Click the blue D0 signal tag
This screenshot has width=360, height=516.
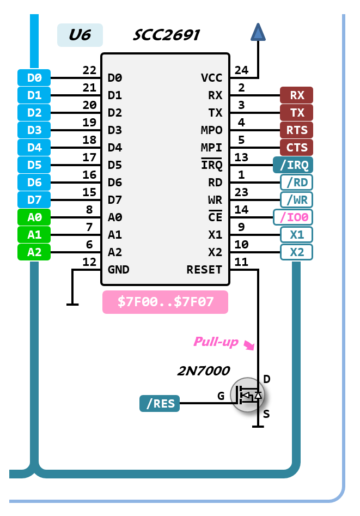pyautogui.click(x=34, y=78)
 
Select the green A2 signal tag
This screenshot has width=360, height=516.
pyautogui.click(x=34, y=252)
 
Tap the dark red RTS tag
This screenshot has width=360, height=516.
pyautogui.click(x=297, y=130)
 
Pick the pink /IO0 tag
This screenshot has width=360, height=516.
pyautogui.click(x=293, y=217)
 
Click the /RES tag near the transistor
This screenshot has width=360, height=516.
pyautogui.click(x=160, y=404)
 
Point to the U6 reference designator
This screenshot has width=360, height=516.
pyautogui.click(x=80, y=35)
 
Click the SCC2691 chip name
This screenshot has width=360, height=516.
pyautogui.click(x=167, y=36)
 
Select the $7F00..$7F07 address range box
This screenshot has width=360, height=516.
pyautogui.click(x=165, y=302)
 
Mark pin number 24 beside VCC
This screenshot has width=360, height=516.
pyautogui.click(x=241, y=70)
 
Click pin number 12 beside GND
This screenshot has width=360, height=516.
pyautogui.click(x=89, y=262)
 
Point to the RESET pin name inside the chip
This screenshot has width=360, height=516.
pyautogui.click(x=204, y=270)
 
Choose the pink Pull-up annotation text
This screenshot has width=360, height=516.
pyautogui.click(x=216, y=342)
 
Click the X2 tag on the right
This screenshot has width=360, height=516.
pyautogui.click(x=297, y=252)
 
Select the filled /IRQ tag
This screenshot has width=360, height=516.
pyautogui.click(x=293, y=165)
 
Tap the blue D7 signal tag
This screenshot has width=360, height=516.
pyautogui.click(x=34, y=200)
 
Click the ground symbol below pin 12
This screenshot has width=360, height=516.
pyautogui.click(x=72, y=303)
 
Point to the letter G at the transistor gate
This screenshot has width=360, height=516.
pyautogui.click(x=221, y=396)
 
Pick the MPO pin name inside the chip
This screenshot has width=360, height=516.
pyautogui.click(x=211, y=130)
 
